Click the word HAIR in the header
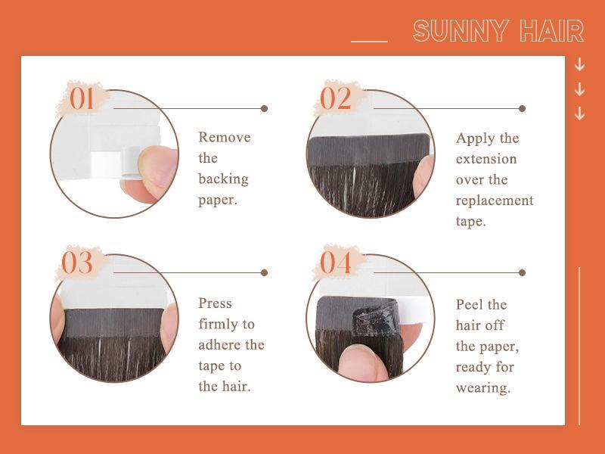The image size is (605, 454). click(x=552, y=32)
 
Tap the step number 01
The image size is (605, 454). click(x=82, y=98)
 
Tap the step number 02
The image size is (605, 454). click(x=336, y=98)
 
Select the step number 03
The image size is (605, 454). click(x=77, y=263)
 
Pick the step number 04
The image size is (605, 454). click(x=336, y=263)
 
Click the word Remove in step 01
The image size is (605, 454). click(x=224, y=138)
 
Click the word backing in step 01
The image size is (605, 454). click(x=223, y=179)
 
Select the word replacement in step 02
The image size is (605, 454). click(x=494, y=201)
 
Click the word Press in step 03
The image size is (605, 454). click(x=215, y=303)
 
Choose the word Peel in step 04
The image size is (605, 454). click(x=471, y=305)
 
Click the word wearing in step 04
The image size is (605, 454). click(x=482, y=388)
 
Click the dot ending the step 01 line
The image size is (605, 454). click(x=264, y=108)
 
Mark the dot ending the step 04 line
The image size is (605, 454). click(x=522, y=272)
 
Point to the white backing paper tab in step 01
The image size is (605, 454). click(x=107, y=162)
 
